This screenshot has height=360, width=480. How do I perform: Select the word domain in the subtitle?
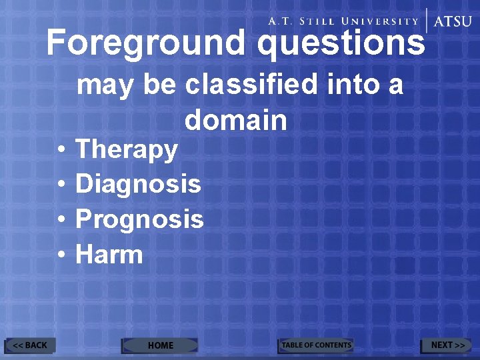point(236,121)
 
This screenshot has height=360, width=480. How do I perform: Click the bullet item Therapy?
point(127,150)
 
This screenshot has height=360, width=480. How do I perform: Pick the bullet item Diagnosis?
point(138,184)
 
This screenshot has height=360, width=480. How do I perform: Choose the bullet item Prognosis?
point(139,219)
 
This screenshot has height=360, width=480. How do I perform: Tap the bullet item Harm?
point(109,254)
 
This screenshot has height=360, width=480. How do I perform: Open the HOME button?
point(160,345)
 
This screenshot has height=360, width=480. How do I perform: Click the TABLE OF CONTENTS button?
point(315,345)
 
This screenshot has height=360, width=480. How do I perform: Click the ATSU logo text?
point(452,21)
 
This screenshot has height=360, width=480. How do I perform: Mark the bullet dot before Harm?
point(61,255)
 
